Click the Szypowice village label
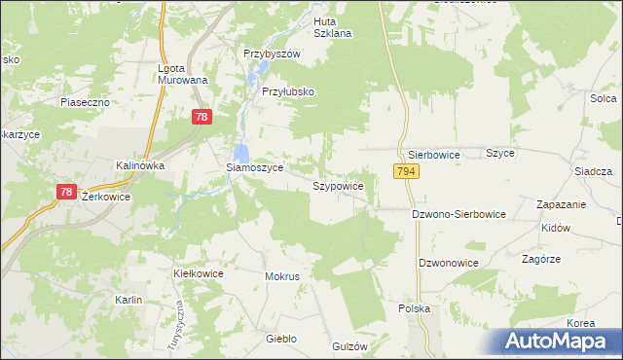[x=338, y=185]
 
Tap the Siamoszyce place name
[x=254, y=167]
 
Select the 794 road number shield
[x=406, y=171]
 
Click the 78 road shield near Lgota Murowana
[x=201, y=117]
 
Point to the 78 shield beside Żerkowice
[x=65, y=192]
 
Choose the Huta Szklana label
[x=332, y=26]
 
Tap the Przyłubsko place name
[x=288, y=91]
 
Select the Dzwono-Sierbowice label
[x=458, y=213]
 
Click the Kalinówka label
[x=140, y=165]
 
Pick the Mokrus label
[x=281, y=276]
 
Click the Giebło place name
[x=280, y=340]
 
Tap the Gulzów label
[x=348, y=346]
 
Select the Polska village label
[x=414, y=307]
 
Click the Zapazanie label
[x=561, y=204]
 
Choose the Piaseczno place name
[x=82, y=101]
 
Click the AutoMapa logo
[x=559, y=342]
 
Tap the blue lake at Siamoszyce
[x=241, y=152]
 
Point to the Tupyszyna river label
[x=181, y=316]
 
